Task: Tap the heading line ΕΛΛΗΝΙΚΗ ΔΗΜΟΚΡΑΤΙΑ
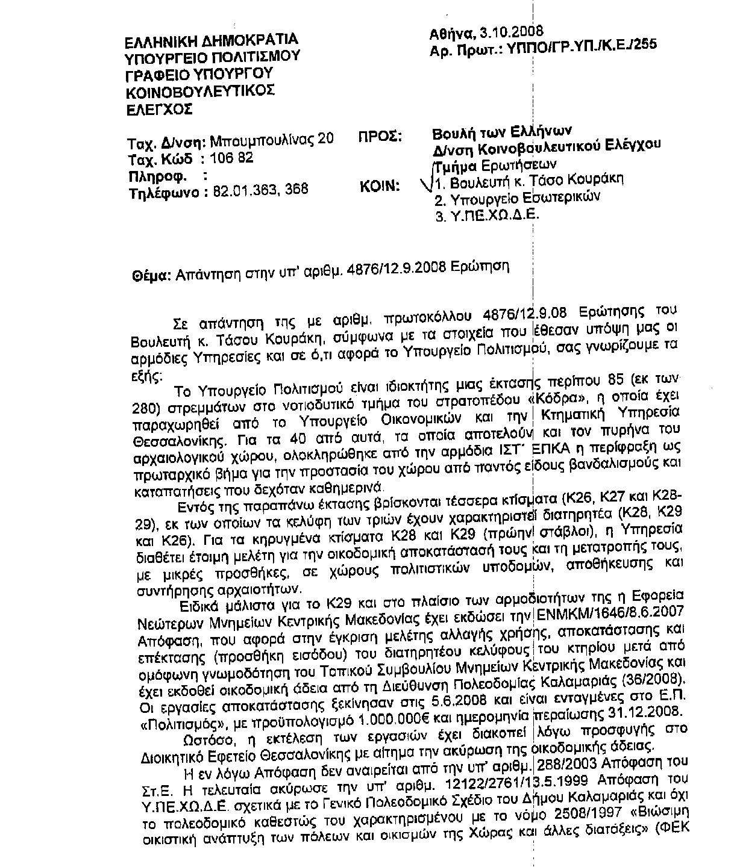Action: tap(211, 42)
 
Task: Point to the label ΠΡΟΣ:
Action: tap(380, 136)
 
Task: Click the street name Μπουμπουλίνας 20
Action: tap(272, 141)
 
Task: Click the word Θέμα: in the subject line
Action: tap(150, 276)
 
